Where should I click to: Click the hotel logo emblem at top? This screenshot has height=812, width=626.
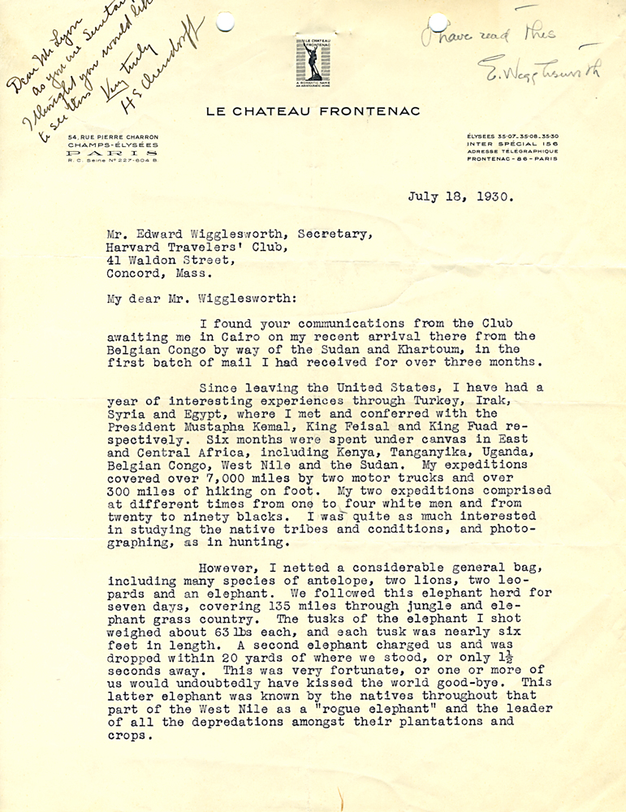click(313, 62)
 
